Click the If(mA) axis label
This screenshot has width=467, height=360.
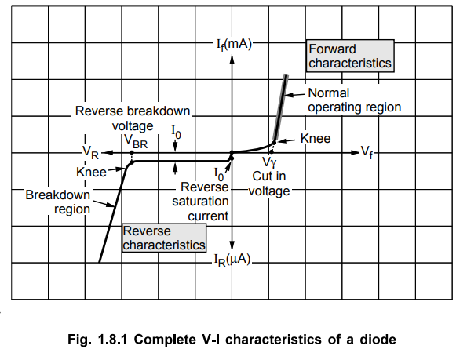point(234,45)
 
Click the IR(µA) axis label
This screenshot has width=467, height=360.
point(232,260)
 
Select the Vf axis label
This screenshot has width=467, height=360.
point(367,152)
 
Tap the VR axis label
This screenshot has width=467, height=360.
point(90,152)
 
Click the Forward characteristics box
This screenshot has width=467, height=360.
point(350,56)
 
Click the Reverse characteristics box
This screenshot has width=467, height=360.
point(164,238)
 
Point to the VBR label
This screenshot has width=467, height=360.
point(136,140)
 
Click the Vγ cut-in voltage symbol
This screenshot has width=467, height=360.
point(269,162)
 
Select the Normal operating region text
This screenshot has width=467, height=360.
point(355,100)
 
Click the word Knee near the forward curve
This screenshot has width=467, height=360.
point(316,138)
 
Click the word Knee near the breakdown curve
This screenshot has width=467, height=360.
point(91,172)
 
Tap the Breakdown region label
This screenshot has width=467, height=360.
point(58,202)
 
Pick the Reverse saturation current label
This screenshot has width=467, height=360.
point(200,202)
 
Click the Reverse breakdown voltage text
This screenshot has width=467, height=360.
point(133,118)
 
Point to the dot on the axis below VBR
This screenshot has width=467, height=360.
point(132,153)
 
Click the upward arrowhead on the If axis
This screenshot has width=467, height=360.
point(232,60)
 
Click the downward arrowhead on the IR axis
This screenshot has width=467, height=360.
point(232,245)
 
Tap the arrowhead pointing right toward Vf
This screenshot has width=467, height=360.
point(356,153)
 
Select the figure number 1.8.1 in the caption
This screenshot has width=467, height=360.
point(112,340)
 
